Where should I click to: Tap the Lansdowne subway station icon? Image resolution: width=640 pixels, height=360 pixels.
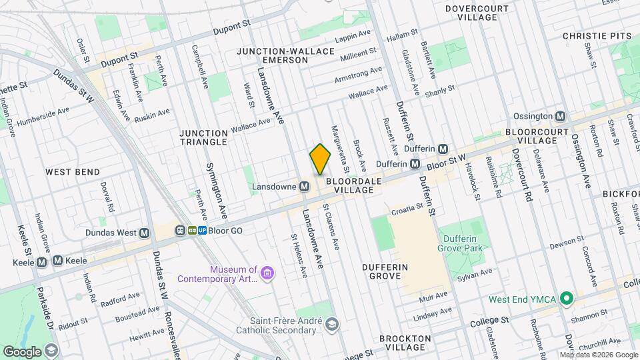tap(304, 187)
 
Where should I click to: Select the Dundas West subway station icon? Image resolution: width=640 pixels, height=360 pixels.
tap(144, 233)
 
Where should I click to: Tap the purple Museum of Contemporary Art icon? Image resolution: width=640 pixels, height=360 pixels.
tap(267, 273)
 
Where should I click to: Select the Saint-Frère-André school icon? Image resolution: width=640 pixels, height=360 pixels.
tap(332, 325)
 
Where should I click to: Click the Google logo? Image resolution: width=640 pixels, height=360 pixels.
tap(23, 351)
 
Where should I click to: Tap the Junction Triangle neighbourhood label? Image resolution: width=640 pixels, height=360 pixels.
tap(203, 137)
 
